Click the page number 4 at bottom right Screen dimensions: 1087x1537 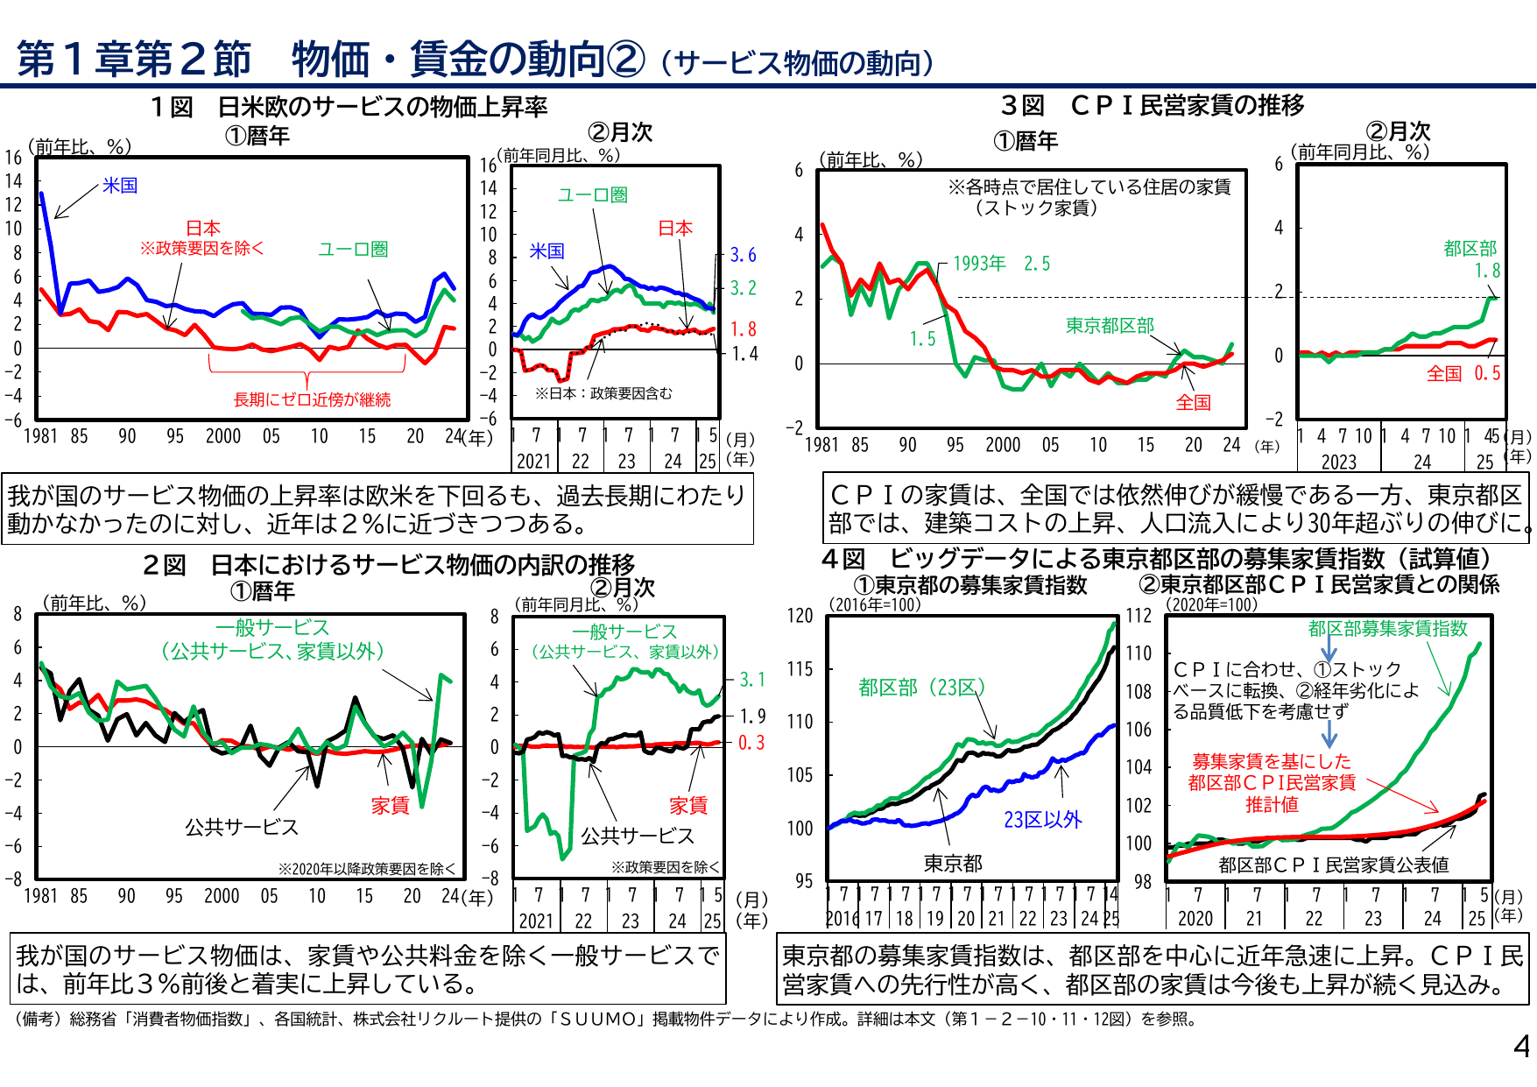(x=1521, y=1047)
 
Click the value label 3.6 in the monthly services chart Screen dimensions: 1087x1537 (x=743, y=255)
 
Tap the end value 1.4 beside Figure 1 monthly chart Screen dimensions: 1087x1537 (x=744, y=354)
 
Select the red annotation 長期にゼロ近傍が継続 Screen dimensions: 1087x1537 (x=312, y=399)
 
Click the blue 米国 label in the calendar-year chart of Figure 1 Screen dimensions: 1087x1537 (x=120, y=186)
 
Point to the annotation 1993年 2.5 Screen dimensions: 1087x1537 (x=1000, y=264)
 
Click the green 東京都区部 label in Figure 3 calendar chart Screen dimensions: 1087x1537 (x=1110, y=326)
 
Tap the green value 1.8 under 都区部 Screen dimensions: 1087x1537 (x=1487, y=271)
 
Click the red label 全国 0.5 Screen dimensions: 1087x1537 (x=1463, y=374)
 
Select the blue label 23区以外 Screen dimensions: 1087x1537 (x=1042, y=820)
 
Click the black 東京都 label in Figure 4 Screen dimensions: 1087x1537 (x=953, y=864)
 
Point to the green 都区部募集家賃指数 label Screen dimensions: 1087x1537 (x=1387, y=628)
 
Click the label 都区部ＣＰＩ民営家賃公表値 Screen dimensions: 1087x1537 (x=1333, y=865)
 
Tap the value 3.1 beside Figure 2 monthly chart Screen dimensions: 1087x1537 (x=752, y=680)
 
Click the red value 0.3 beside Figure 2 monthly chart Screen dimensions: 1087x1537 (x=751, y=743)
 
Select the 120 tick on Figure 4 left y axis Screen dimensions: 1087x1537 (x=800, y=616)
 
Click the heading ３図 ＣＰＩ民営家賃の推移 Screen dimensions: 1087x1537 (x=1153, y=105)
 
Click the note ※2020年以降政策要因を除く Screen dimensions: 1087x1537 (x=367, y=869)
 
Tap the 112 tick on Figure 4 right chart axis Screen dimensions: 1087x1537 (x=1139, y=616)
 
